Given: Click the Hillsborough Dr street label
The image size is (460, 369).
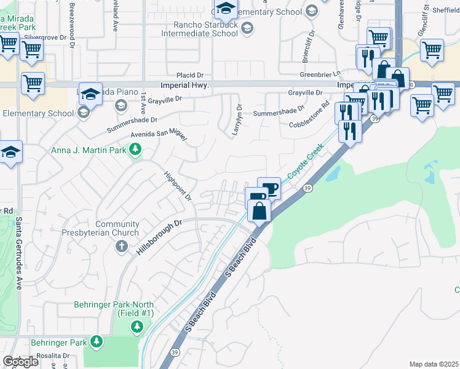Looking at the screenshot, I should tap(161, 235).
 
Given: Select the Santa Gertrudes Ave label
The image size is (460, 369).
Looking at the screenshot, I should tap(19, 252).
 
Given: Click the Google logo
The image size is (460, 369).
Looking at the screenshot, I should tap(21, 361).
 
